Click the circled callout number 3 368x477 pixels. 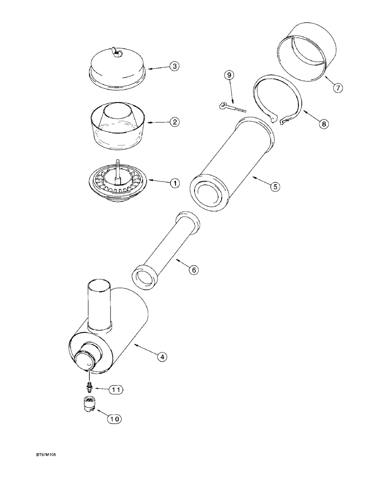(x=175, y=66)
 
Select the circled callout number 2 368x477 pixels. (x=174, y=122)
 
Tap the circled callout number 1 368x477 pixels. (x=174, y=183)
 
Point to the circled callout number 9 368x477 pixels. (x=230, y=75)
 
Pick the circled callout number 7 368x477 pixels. (x=337, y=88)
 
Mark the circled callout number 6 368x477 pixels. (x=194, y=270)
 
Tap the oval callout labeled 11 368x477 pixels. (x=114, y=390)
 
